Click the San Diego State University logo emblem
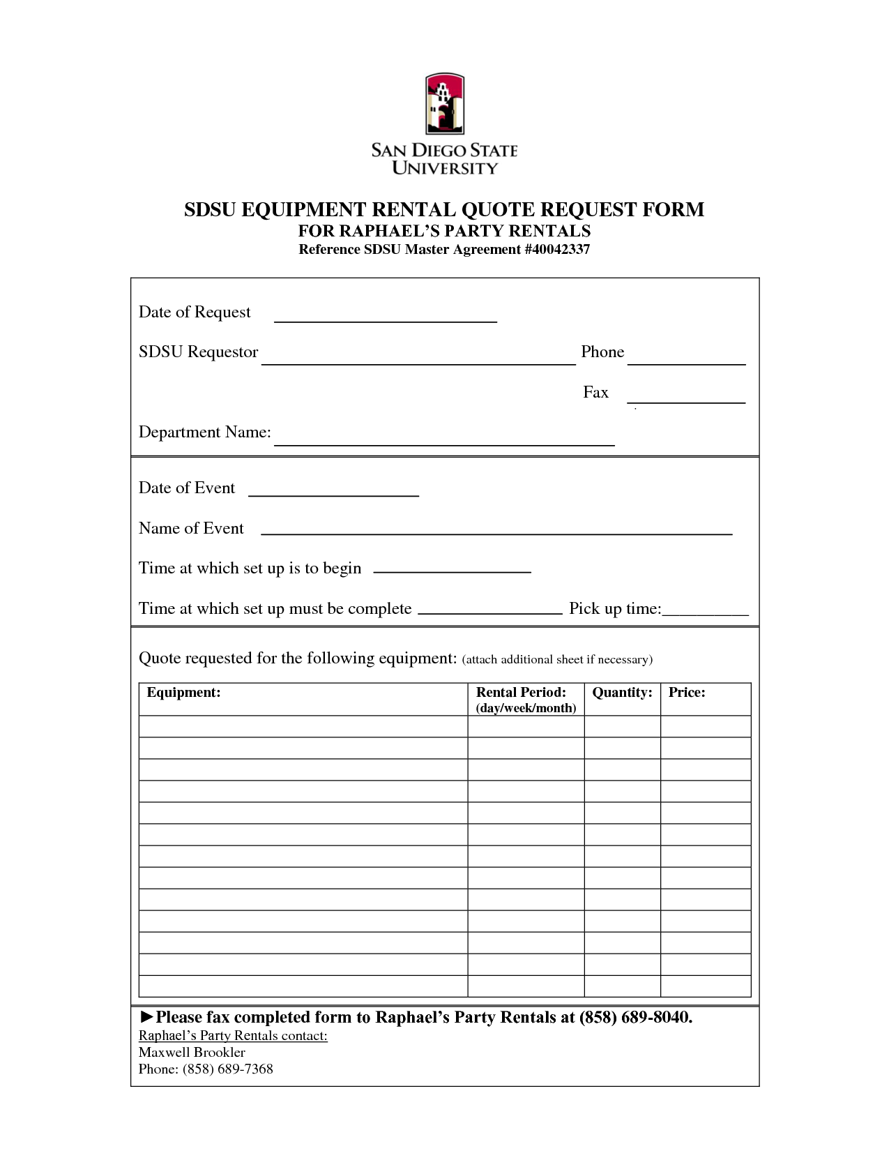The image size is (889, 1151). (444, 104)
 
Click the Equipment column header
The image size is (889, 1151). (183, 693)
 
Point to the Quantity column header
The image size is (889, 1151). (622, 693)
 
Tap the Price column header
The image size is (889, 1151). (687, 693)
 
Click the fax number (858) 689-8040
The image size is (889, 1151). (636, 1018)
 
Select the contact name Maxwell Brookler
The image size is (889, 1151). (192, 1053)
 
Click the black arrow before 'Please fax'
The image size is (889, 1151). (146, 1017)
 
